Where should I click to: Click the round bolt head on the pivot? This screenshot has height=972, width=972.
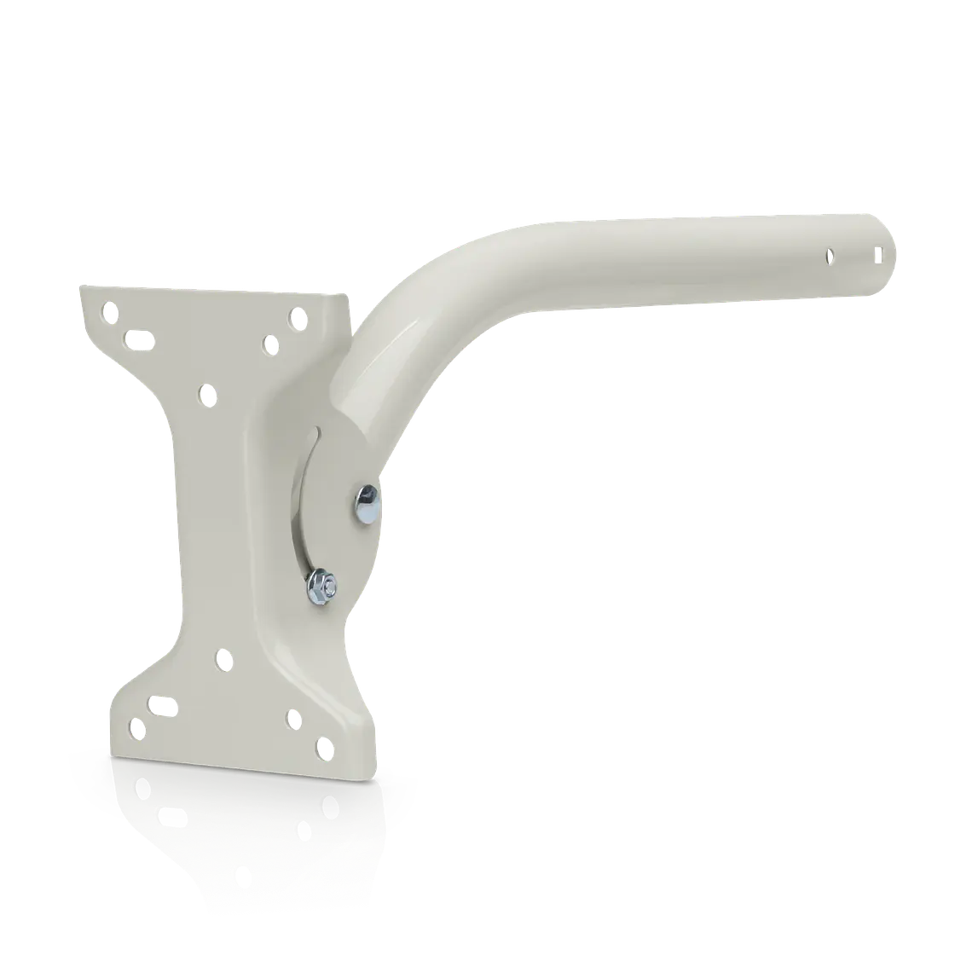[367, 503]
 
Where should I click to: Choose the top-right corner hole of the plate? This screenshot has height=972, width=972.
[297, 318]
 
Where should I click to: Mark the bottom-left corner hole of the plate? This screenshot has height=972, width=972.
[135, 728]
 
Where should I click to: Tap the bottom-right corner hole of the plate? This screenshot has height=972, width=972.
[323, 749]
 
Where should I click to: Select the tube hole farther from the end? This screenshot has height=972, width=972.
[828, 255]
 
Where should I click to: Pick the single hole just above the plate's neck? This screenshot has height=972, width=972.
[205, 394]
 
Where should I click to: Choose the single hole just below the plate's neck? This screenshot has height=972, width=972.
[223, 658]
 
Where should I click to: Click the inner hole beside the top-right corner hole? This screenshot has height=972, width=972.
[269, 345]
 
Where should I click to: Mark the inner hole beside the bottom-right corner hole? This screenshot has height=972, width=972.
[292, 719]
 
